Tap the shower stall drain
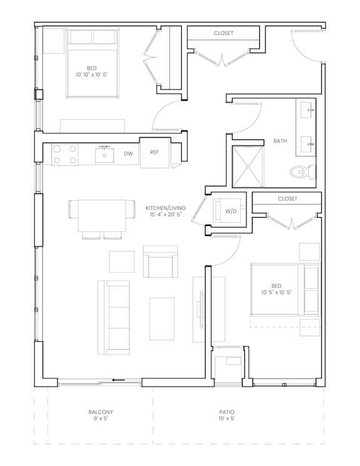coord(247,167)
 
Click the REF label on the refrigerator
coord(154,152)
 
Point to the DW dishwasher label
coord(128,154)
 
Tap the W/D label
coord(231,211)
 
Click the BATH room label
coord(280,141)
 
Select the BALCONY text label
coord(101,412)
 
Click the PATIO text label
coord(227,412)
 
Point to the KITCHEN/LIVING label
coord(166,208)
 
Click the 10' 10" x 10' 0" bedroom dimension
coord(91,74)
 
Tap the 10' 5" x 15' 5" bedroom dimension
coord(276,293)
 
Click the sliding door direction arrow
coord(118,380)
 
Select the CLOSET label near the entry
coord(224,33)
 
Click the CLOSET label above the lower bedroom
coord(287,198)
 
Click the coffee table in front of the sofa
coord(162,319)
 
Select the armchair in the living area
coord(161,261)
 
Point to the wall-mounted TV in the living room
coord(202,309)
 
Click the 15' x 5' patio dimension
coord(227,418)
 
